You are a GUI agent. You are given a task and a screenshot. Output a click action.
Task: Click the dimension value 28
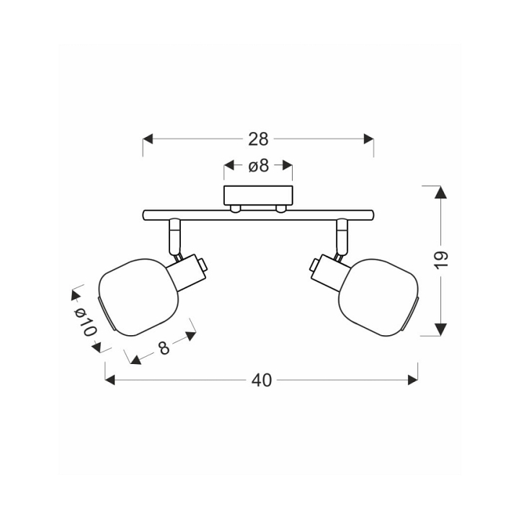point(258,139)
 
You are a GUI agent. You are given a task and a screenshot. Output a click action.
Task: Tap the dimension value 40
point(262,381)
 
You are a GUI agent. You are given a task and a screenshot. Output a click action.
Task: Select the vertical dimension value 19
point(441,260)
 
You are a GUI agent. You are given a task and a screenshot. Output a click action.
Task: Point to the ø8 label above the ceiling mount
point(259,166)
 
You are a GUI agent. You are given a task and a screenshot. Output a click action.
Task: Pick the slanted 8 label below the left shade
point(164,347)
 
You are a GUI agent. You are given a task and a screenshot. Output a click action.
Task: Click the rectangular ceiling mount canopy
point(258,195)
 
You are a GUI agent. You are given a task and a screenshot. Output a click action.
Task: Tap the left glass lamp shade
point(139,297)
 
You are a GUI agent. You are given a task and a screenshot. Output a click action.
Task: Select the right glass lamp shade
point(378,297)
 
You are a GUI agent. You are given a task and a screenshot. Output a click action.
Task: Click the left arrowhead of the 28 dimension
point(148,139)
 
